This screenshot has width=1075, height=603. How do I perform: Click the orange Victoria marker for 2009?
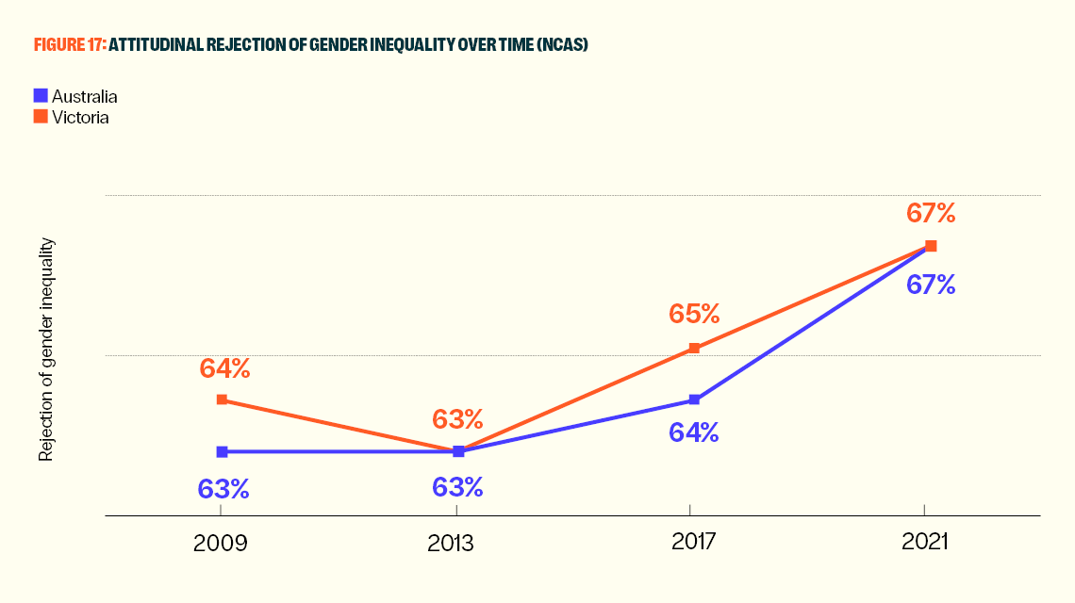point(222,399)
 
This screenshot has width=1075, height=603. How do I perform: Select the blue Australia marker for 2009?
point(222,451)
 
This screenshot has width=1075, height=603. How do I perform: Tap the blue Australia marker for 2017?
point(694,399)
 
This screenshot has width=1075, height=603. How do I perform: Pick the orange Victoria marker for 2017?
point(694,349)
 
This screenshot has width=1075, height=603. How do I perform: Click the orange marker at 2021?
point(931,246)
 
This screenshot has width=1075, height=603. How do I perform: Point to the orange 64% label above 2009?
point(224,368)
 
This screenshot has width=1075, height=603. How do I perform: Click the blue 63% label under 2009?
point(223,489)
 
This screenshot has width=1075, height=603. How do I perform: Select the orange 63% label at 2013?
point(457,419)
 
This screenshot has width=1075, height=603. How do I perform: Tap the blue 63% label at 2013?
point(457,487)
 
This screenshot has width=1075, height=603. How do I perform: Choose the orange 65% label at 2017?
point(694,314)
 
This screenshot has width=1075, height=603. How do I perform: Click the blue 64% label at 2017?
point(694,432)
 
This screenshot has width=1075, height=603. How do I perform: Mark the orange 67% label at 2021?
point(931,213)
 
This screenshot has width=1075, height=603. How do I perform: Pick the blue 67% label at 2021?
point(931,285)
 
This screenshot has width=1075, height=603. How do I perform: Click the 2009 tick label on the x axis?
point(220,543)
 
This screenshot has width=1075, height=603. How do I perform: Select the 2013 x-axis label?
point(456,543)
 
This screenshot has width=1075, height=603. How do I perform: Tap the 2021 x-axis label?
point(924,543)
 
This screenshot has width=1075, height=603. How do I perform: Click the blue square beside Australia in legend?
point(40,95)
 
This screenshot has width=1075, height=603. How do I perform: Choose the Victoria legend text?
point(80,118)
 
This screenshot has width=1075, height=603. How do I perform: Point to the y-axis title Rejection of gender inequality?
point(45,350)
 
